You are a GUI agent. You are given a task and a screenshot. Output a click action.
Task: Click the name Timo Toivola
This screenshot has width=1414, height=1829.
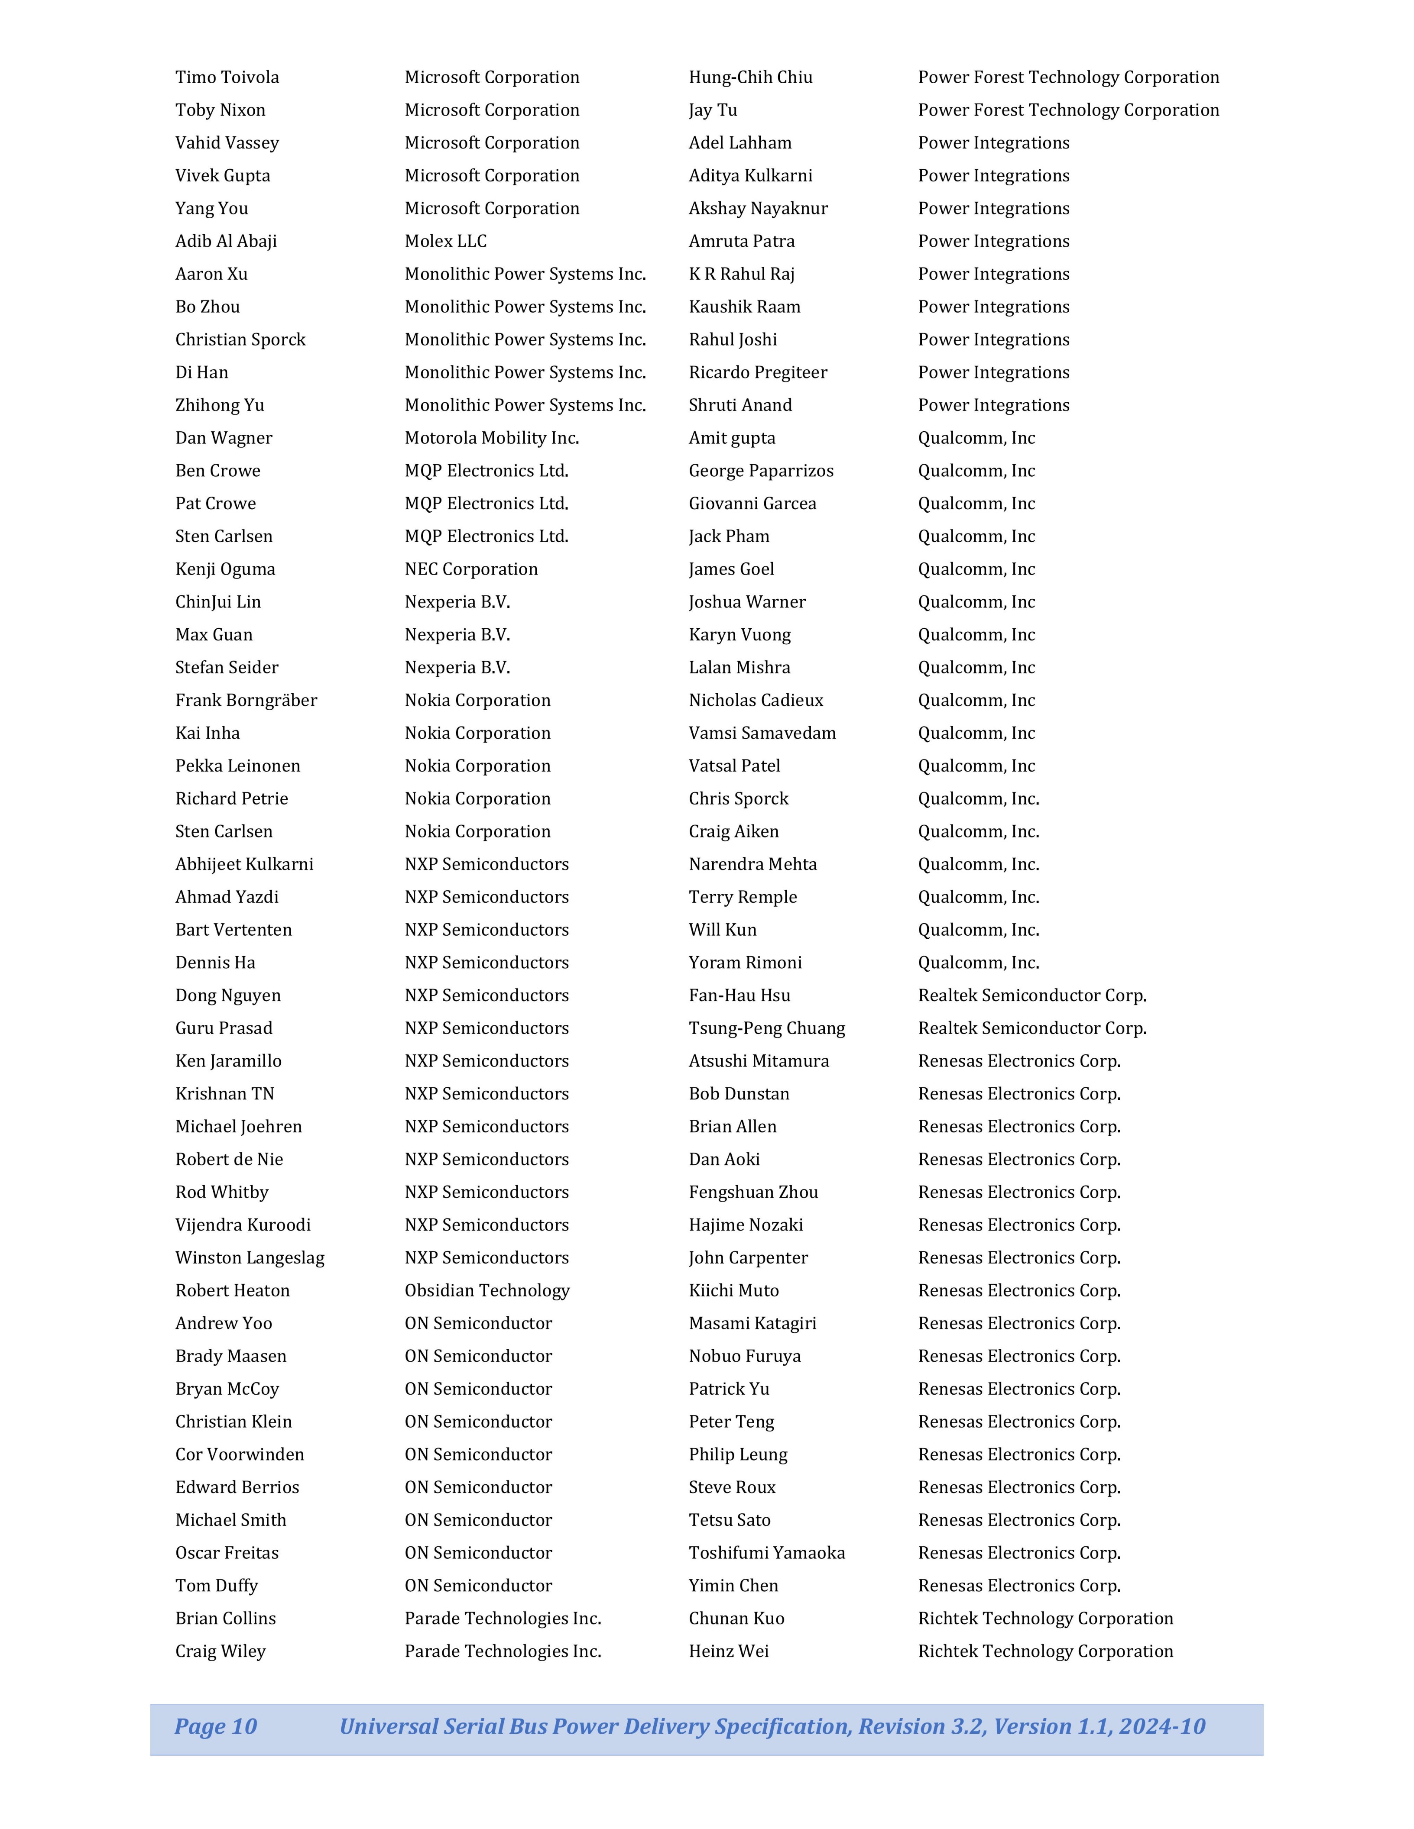pos(227,77)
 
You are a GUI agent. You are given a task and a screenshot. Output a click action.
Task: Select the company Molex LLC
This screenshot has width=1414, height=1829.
pos(446,241)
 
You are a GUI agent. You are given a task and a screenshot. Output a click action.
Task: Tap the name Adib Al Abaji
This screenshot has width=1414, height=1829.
pos(226,241)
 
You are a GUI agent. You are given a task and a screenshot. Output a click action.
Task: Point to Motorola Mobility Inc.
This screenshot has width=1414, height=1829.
pos(492,438)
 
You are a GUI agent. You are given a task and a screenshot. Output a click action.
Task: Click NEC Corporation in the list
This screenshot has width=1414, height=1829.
pos(471,569)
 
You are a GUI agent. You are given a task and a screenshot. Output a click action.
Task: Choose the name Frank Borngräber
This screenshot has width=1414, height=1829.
pos(246,700)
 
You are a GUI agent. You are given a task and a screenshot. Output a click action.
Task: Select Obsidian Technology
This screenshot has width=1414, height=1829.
pos(486,1290)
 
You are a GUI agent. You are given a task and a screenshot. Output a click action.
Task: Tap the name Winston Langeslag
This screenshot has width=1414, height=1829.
pos(250,1258)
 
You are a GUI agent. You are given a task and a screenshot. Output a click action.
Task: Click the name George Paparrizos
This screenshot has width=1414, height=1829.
pos(761,471)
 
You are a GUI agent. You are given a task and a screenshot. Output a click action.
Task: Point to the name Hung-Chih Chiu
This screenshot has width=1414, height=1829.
pos(751,77)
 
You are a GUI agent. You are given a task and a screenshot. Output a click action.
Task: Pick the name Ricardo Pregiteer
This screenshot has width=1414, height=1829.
pos(757,373)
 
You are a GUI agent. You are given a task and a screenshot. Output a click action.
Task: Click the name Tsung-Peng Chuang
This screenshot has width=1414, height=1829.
pos(766,1028)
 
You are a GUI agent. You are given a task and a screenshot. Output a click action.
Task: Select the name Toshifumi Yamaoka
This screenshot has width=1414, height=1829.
pos(766,1553)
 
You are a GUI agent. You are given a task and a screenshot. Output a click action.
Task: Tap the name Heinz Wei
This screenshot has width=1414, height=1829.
pos(728,1651)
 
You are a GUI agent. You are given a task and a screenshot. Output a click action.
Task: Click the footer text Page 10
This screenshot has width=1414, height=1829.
pos(215,1726)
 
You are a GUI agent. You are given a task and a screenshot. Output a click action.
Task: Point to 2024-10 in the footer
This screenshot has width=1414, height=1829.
pos(1162,1726)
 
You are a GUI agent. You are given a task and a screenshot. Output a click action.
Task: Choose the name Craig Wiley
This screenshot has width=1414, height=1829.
pos(221,1651)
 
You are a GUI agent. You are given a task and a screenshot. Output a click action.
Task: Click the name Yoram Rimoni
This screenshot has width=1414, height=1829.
pos(745,963)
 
